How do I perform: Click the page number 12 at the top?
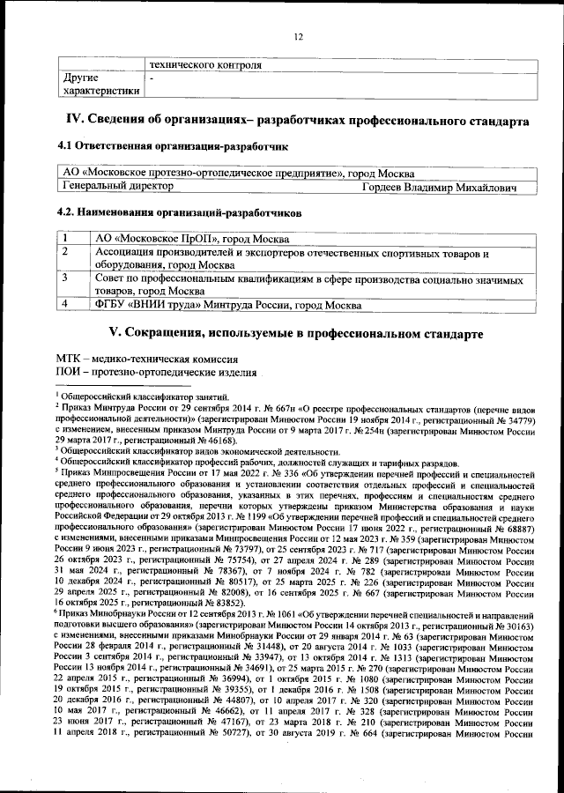[x=298, y=36]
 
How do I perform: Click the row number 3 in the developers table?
[x=66, y=278]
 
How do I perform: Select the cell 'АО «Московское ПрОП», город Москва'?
[x=191, y=239]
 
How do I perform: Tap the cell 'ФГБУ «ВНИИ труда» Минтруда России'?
[x=227, y=305]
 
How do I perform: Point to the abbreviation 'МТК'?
[x=69, y=359]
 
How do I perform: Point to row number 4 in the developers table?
[x=66, y=305]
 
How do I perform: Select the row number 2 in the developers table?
[x=66, y=252]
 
